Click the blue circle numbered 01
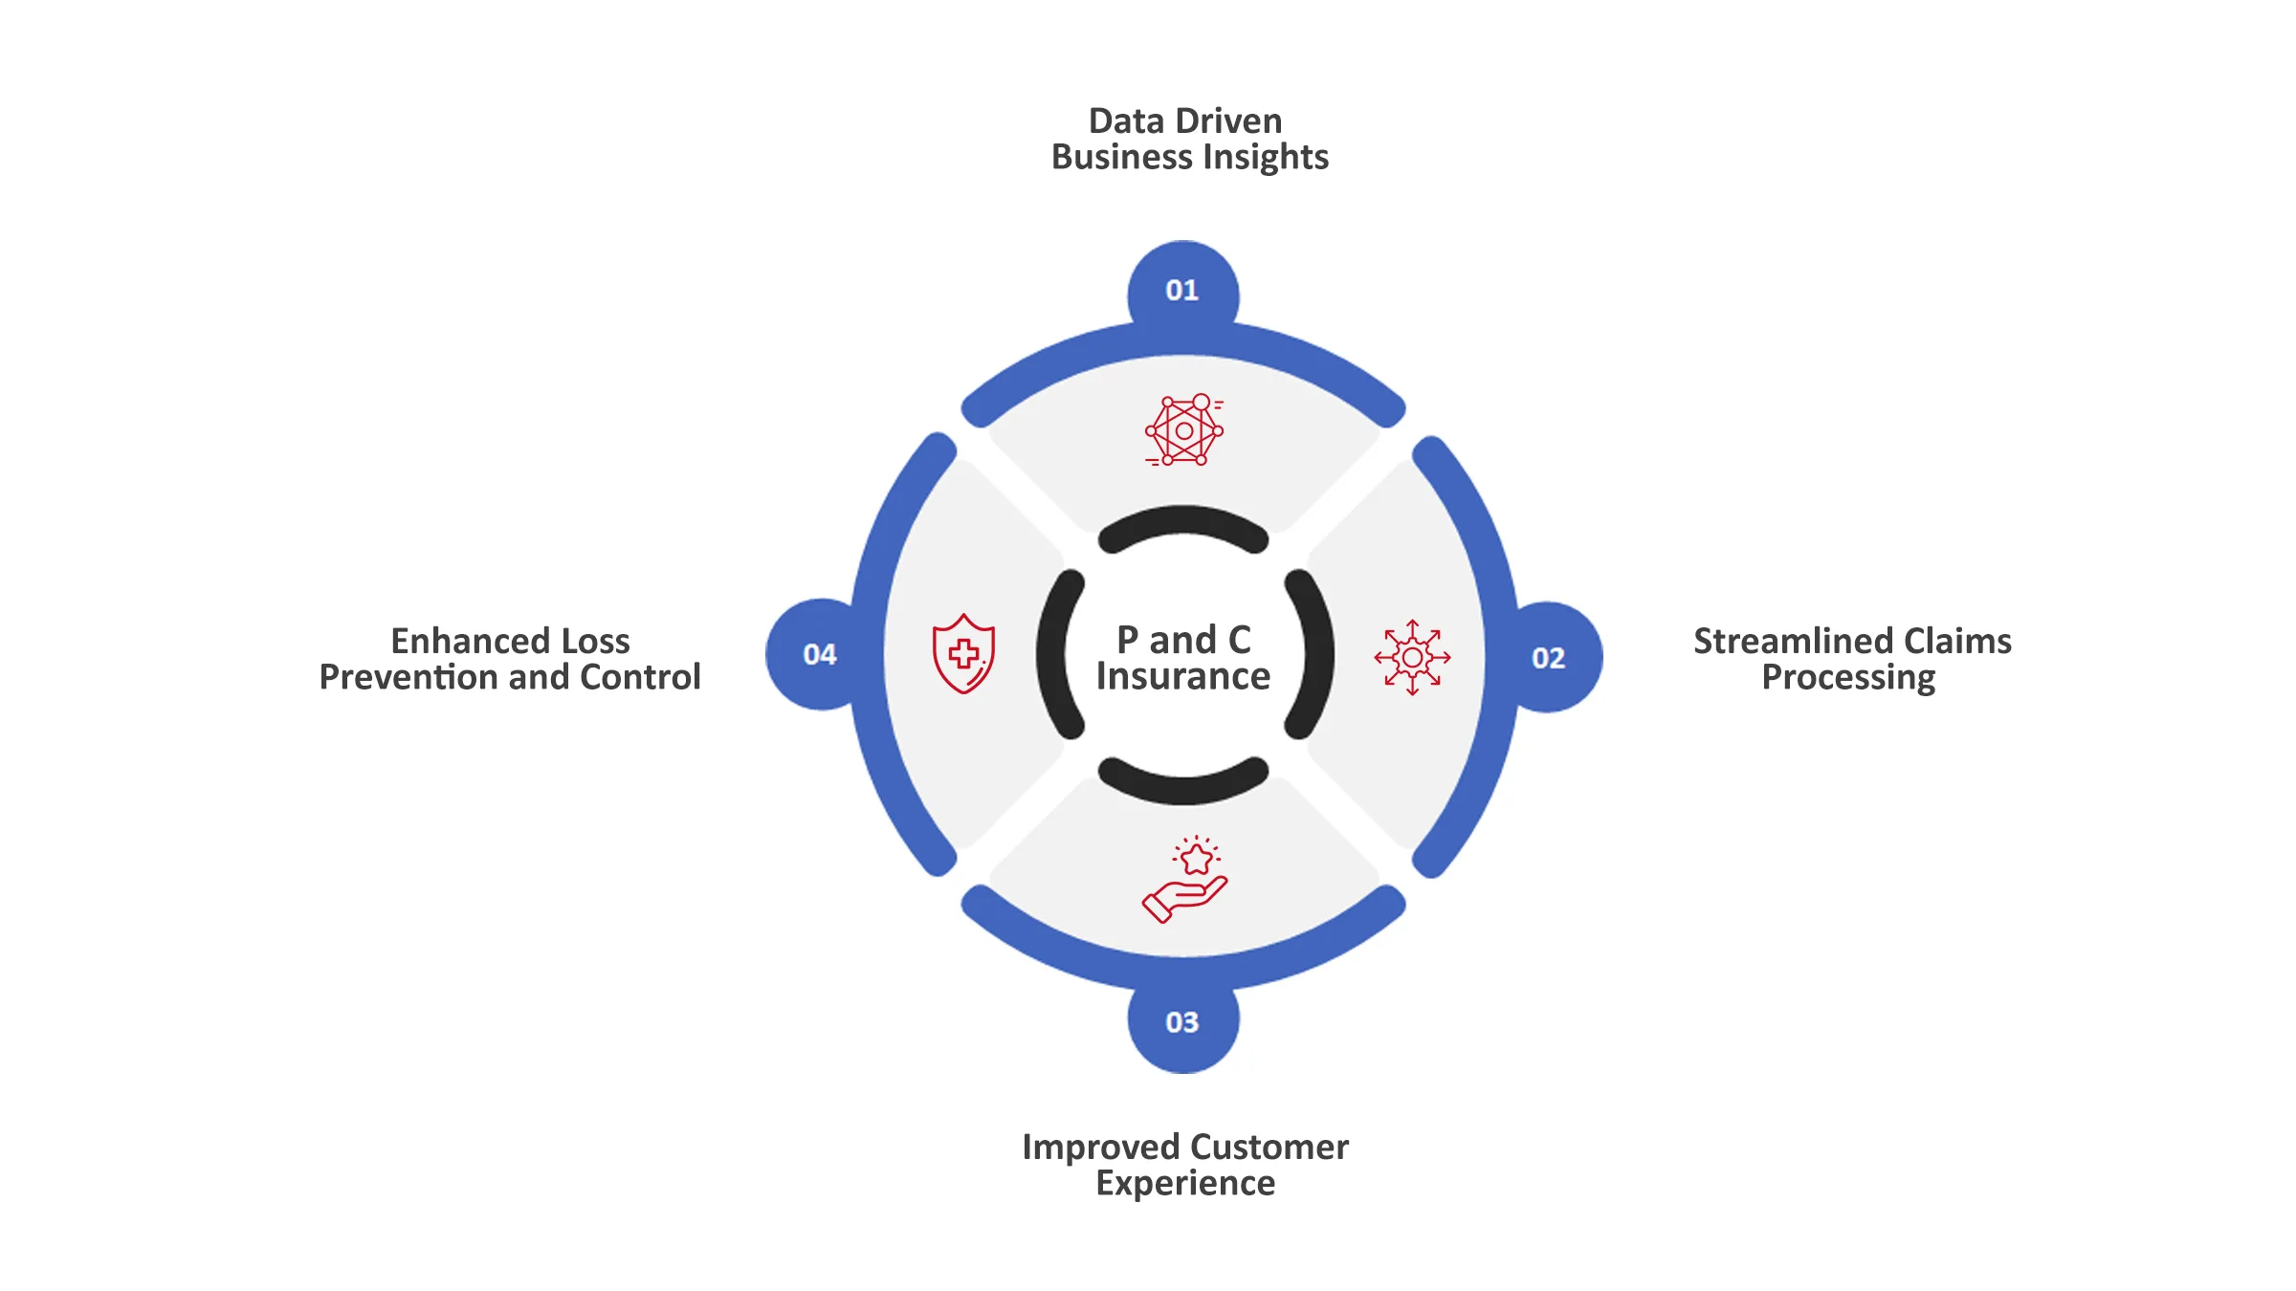(1182, 291)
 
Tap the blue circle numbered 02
(1549, 658)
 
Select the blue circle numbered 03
(1182, 1022)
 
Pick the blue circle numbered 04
(820, 655)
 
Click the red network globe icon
(1184, 430)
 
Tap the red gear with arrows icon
(1412, 657)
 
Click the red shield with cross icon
(963, 653)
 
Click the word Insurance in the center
(1183, 677)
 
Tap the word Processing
(1848, 678)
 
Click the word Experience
(1185, 1184)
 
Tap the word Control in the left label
(640, 678)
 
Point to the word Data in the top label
(1126, 121)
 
